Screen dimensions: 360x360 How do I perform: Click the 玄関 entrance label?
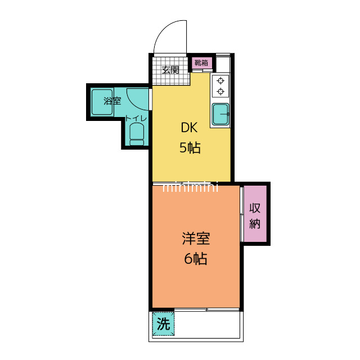coord(170,70)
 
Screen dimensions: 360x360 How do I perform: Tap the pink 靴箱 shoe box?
coord(202,62)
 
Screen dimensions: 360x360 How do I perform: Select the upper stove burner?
coord(220,81)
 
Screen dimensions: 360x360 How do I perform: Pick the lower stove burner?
coord(220,91)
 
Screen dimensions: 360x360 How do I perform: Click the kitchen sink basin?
coord(220,114)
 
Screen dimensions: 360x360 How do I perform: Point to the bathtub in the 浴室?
coord(102,102)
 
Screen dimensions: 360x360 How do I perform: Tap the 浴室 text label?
coord(112,101)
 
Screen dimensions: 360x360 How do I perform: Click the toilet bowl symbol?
coord(137,134)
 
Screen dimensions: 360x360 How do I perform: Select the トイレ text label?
coord(136,119)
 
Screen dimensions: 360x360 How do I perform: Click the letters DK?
coord(189,128)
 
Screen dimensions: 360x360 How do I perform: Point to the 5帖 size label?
coord(190,147)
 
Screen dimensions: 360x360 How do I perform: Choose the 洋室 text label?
coord(196,238)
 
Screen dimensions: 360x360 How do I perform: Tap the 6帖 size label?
coord(196,259)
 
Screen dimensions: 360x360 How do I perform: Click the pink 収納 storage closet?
coord(255,214)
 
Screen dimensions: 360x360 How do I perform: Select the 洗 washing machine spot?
coord(164,324)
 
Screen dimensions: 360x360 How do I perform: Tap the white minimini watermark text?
coord(190,187)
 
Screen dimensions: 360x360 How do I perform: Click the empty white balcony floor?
coord(207,325)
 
